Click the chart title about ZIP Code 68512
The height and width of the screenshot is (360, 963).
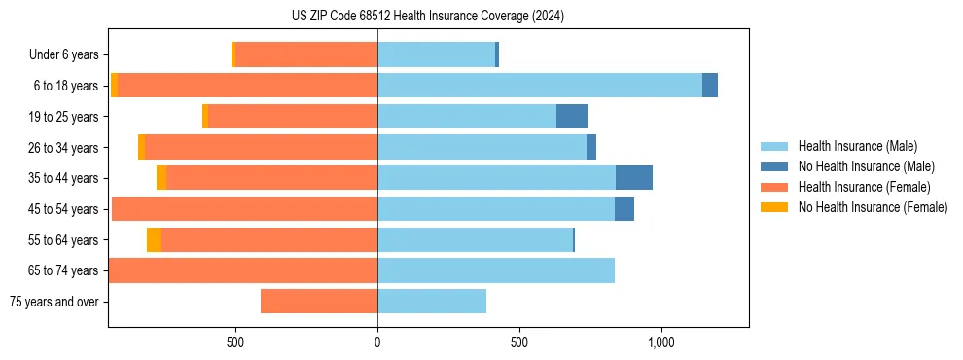(427, 17)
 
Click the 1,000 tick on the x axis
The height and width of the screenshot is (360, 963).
(660, 342)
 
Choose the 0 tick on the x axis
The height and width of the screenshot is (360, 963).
(377, 342)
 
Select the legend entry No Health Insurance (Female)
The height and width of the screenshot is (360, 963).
(873, 207)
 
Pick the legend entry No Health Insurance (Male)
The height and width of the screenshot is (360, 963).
(866, 166)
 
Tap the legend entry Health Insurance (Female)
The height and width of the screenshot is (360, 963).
(864, 187)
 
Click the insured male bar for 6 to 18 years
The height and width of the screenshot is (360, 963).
(540, 86)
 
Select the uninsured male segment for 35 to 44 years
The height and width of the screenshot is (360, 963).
(634, 178)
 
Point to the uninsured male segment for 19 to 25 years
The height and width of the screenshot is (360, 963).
(572, 117)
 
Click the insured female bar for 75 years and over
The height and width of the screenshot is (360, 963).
(319, 302)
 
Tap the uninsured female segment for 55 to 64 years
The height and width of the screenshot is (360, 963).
(154, 240)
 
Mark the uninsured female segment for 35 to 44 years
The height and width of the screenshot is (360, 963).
(161, 178)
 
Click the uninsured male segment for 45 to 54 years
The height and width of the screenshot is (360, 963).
(624, 209)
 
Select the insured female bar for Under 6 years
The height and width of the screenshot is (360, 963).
(306, 54)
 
